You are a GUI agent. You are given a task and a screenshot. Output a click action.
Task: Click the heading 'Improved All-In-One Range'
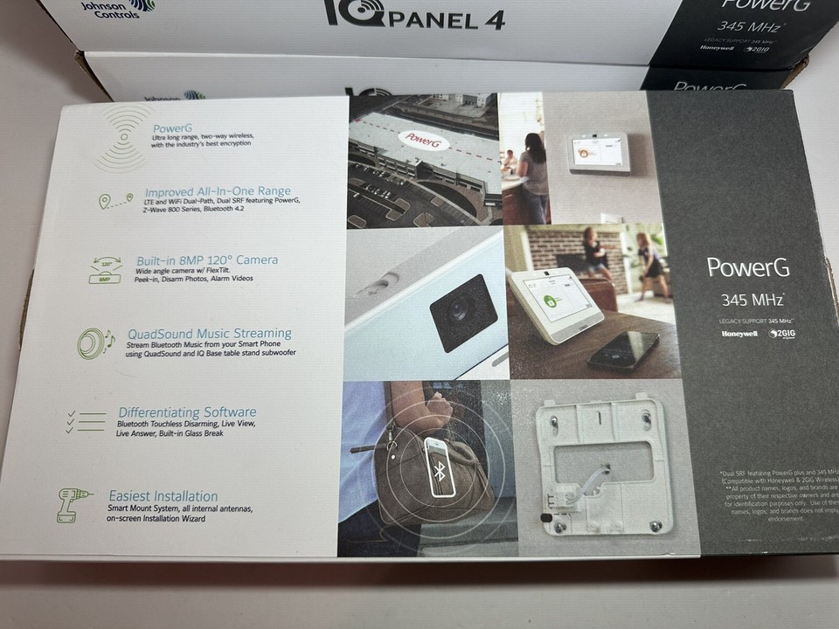pos(218,191)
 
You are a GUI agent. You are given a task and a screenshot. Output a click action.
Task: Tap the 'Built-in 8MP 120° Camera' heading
pos(207,259)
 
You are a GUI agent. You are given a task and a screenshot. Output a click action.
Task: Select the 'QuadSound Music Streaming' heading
pos(210,333)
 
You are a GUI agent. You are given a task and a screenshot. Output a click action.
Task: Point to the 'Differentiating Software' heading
pos(187,411)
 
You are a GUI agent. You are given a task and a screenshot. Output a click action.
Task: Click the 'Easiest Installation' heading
pos(163,495)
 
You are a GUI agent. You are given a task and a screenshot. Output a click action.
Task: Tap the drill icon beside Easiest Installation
pos(75,504)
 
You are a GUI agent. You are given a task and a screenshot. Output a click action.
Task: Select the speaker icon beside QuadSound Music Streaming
pos(92,343)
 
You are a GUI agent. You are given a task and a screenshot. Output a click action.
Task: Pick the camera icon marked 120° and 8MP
pos(106,270)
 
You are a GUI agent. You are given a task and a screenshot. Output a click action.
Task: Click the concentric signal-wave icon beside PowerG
pos(123,135)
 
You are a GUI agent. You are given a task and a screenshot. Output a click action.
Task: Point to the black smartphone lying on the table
pos(623,348)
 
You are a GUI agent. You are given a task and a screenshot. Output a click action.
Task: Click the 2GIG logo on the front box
pos(780,333)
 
